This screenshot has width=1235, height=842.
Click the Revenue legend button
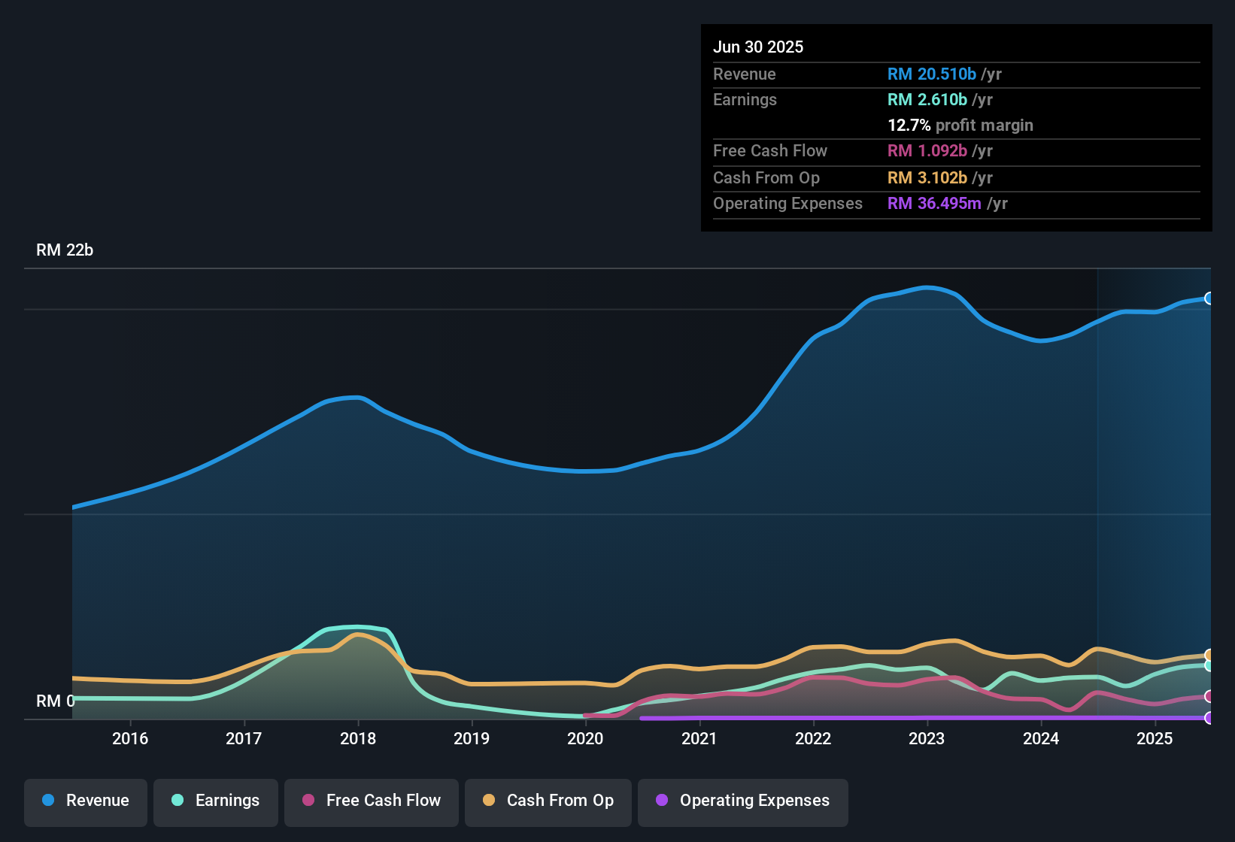86,801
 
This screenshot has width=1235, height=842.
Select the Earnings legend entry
216,801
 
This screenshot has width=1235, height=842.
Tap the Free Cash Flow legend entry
372,801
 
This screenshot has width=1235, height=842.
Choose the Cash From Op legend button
548,801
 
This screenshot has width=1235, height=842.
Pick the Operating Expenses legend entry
743,801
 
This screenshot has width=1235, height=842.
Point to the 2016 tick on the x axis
130,738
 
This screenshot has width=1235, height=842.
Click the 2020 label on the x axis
585,738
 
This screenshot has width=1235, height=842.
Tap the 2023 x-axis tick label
927,738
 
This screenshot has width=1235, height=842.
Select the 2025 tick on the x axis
1155,738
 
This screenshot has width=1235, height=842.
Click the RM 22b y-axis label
65,250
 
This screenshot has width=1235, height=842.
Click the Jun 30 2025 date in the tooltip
758,47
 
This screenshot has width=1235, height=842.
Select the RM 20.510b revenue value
931,74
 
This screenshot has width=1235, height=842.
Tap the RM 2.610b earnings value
927,99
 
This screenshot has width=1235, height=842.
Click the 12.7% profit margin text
960,125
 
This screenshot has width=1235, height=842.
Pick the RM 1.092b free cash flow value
927,150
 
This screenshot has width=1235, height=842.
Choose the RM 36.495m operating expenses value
934,203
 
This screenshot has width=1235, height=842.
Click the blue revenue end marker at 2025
1209,298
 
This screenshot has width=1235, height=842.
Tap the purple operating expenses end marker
1209,718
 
